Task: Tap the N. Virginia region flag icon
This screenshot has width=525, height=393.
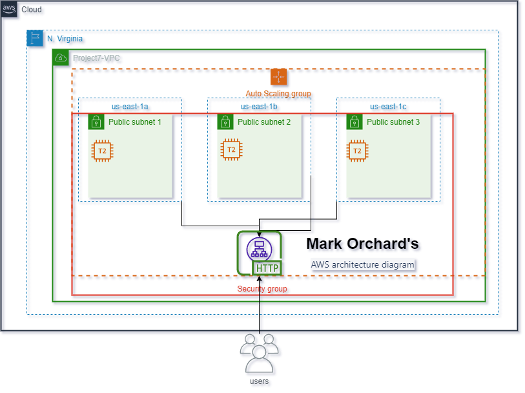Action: pyautogui.click(x=35, y=38)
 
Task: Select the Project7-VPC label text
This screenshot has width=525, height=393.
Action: pyautogui.click(x=96, y=58)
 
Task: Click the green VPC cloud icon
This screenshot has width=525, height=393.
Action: pyautogui.click(x=61, y=58)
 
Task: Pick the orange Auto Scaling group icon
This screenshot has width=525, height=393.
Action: pyautogui.click(x=278, y=76)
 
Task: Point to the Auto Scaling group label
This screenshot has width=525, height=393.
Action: pyautogui.click(x=278, y=94)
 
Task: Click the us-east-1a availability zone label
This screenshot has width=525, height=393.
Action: pyautogui.click(x=130, y=107)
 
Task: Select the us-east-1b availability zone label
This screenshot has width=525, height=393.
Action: pyautogui.click(x=259, y=107)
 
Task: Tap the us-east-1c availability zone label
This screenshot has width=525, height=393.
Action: pyautogui.click(x=388, y=107)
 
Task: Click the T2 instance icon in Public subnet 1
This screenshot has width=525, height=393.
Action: pyautogui.click(x=102, y=150)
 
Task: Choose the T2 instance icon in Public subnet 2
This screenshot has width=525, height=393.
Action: pyautogui.click(x=231, y=149)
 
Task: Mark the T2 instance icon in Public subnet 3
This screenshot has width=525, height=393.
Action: pyautogui.click(x=356, y=151)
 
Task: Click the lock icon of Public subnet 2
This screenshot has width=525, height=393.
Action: pyautogui.click(x=225, y=122)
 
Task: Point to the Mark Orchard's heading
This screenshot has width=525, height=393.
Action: pyautogui.click(x=362, y=244)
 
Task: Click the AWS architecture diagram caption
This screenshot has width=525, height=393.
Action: pyautogui.click(x=362, y=264)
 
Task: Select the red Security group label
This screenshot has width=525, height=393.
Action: pyautogui.click(x=262, y=289)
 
